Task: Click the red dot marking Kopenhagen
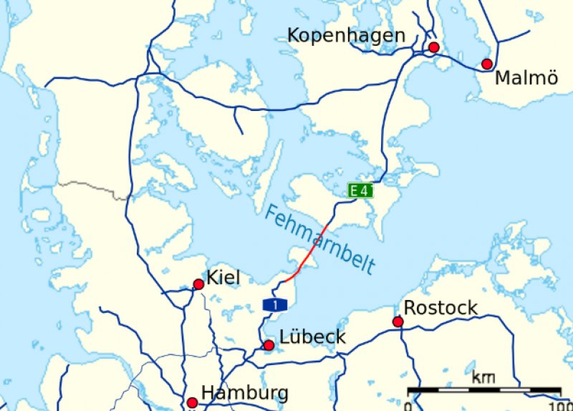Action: tap(433, 48)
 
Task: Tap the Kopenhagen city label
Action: tap(346, 35)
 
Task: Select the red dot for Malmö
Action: tap(487, 64)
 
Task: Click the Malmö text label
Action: tap(526, 78)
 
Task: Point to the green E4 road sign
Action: tap(360, 190)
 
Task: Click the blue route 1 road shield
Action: tap(275, 306)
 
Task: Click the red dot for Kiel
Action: tap(198, 284)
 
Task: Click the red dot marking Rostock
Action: tap(398, 321)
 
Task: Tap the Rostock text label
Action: tap(440, 308)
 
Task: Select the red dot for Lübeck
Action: tap(269, 346)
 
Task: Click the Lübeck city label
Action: tap(313, 337)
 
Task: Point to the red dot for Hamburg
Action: tap(192, 403)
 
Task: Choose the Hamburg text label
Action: tap(245, 392)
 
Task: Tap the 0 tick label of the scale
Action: tap(408, 405)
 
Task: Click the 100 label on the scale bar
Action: tap(559, 405)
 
